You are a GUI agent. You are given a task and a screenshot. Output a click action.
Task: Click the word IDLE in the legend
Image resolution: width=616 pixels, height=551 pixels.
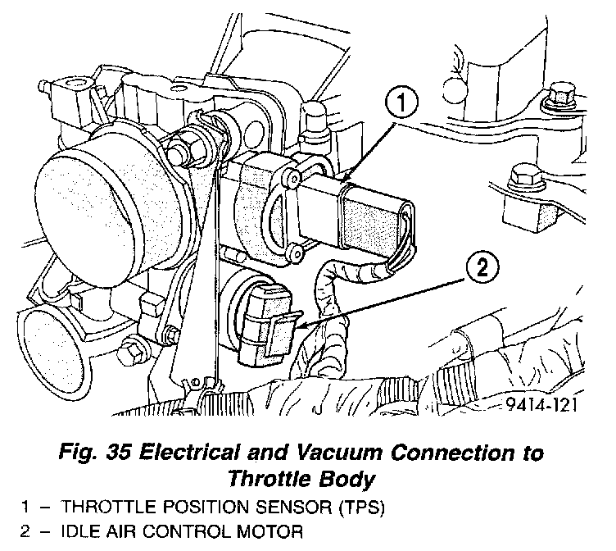click(x=77, y=531)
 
